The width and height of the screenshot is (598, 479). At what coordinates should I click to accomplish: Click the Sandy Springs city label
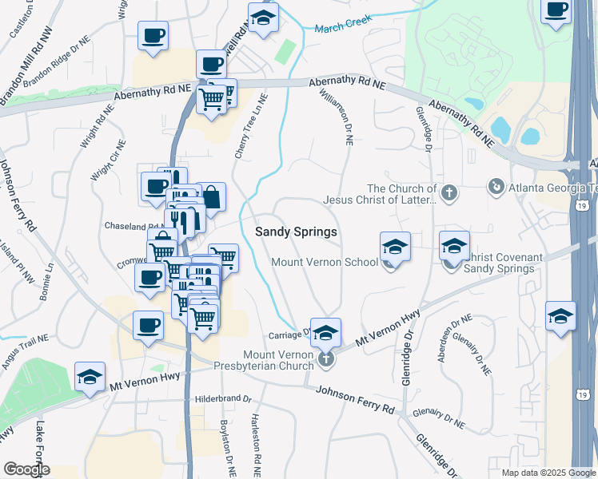(x=296, y=232)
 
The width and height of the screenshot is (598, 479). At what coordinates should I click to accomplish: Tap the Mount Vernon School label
(x=325, y=263)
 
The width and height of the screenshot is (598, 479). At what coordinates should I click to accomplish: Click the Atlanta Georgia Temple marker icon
(x=496, y=187)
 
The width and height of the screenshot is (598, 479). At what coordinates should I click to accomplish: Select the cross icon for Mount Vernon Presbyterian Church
(x=325, y=361)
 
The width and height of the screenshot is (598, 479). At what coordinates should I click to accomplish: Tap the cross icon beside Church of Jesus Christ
(x=450, y=192)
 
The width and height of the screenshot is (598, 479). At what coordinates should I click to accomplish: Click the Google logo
(x=26, y=469)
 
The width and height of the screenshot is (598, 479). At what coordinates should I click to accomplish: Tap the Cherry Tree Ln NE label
(x=250, y=125)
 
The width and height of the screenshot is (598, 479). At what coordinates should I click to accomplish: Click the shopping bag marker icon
(x=212, y=196)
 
